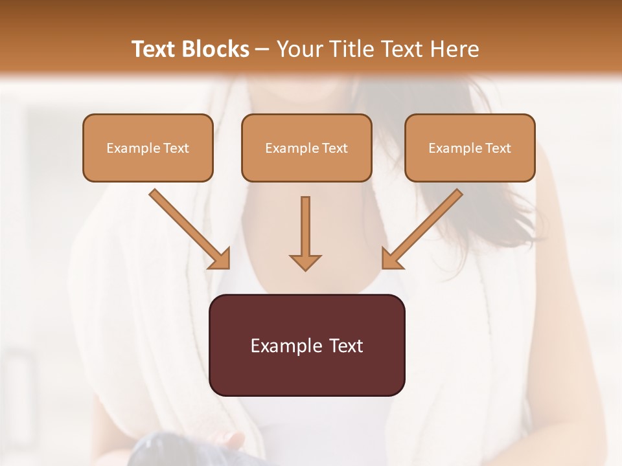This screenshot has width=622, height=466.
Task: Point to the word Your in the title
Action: pos(297,49)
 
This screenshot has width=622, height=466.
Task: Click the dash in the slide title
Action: pos(262,50)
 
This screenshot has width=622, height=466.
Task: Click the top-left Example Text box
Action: pos(148,148)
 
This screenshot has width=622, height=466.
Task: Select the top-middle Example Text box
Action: pos(306,148)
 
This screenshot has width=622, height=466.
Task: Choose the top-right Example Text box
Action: pos(470,148)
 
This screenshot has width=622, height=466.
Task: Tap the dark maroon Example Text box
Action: pos(306,345)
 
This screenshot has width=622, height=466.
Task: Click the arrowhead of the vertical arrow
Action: pos(305,261)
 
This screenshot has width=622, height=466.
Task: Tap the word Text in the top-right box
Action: pos(498,148)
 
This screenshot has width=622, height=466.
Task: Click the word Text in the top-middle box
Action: pos(334,148)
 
